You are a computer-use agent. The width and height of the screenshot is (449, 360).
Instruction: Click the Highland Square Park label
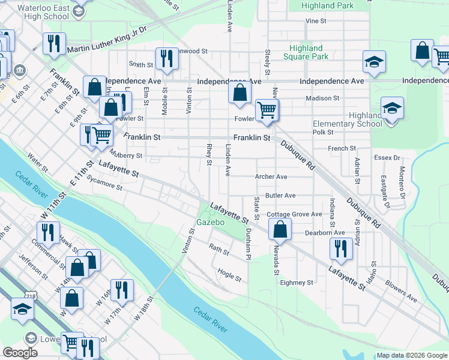(306, 52)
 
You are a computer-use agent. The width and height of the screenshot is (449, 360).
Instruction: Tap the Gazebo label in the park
(210, 223)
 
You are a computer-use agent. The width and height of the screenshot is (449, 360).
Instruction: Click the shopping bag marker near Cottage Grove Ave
(280, 229)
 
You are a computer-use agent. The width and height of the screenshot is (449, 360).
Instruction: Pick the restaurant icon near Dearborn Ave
(342, 248)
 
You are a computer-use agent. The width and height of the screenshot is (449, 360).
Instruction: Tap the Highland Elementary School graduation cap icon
(391, 109)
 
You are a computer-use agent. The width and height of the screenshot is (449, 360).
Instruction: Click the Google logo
(20, 353)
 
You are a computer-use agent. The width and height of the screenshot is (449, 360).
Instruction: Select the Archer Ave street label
(271, 177)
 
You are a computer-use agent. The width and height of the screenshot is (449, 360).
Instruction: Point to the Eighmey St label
(297, 282)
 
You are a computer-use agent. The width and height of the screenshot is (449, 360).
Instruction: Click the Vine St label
(315, 21)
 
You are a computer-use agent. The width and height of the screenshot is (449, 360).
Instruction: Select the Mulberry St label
(126, 155)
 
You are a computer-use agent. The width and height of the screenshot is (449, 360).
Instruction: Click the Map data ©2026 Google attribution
(412, 355)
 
